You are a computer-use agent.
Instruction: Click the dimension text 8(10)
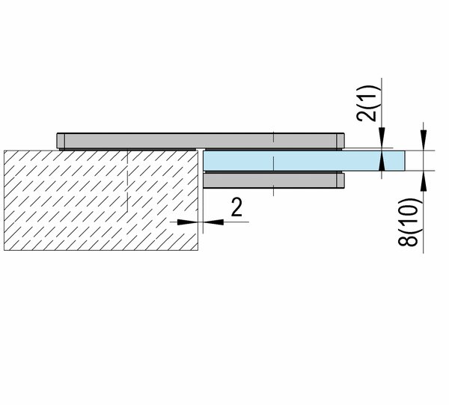point(408,222)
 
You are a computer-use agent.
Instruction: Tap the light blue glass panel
point(304,161)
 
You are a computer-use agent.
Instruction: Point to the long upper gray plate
point(201,141)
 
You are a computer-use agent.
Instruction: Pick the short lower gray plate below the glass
point(273,180)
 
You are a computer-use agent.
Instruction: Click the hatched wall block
point(101,200)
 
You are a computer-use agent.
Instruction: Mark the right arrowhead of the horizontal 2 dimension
point(213,222)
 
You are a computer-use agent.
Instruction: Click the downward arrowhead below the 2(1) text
point(382,139)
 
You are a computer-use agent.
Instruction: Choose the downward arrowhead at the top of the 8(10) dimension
point(424,140)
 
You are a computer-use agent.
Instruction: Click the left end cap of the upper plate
point(61,141)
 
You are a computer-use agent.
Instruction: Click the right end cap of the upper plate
point(340,141)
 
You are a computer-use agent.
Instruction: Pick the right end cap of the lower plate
point(340,180)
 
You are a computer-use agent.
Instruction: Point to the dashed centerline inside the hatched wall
point(127,180)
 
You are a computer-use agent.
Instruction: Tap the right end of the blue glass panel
point(405,161)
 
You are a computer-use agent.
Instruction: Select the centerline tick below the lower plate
point(273,191)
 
